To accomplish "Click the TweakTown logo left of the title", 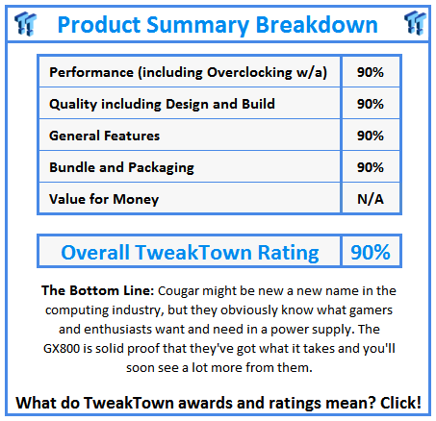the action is click(25, 23).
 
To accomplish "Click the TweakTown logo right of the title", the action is click(415, 22).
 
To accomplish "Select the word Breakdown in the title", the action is click(317, 24).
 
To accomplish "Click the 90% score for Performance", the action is click(371, 72).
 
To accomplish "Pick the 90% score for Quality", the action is click(371, 104).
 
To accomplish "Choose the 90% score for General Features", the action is click(371, 136).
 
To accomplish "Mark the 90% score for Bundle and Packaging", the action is click(371, 167).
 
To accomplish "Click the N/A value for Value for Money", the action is click(371, 199).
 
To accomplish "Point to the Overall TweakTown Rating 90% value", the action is click(371, 252).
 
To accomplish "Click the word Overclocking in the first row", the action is click(249, 72).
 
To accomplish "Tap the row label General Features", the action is click(104, 136).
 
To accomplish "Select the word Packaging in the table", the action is click(161, 168).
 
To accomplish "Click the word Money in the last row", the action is click(136, 199).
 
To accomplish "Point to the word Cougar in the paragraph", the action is click(178, 291).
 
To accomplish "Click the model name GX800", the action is click(62, 348).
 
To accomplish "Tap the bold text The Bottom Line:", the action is click(98, 290).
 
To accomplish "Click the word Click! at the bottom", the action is click(400, 403).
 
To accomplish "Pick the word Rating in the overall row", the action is click(289, 253).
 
